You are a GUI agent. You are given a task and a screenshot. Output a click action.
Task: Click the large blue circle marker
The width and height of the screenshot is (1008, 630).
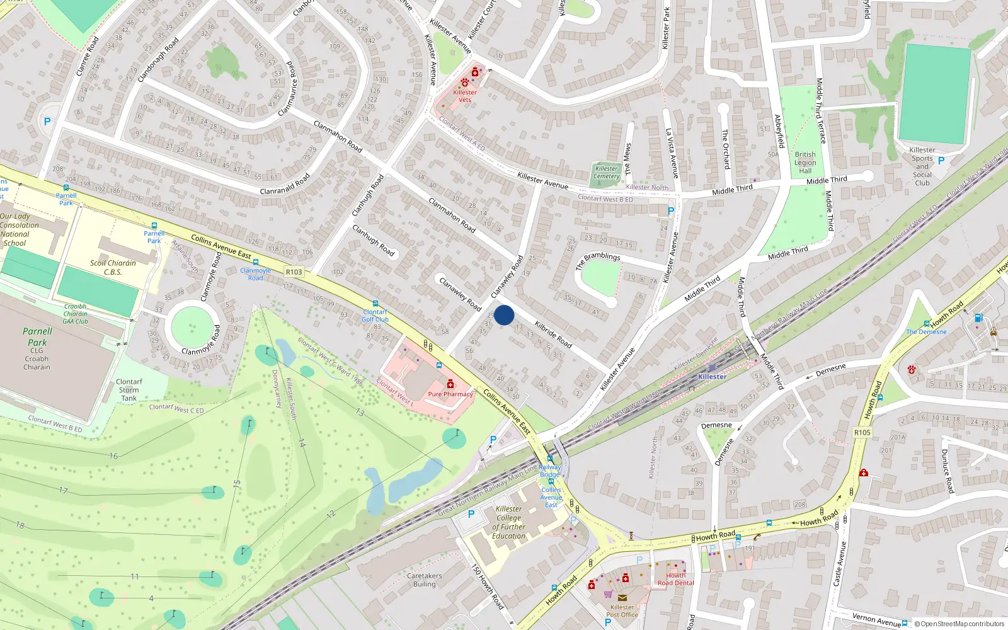click(x=504, y=315)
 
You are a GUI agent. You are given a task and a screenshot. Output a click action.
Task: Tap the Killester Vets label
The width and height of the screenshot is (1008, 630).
click(x=465, y=96)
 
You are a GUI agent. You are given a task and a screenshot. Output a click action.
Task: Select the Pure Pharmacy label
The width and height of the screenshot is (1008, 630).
click(x=450, y=394)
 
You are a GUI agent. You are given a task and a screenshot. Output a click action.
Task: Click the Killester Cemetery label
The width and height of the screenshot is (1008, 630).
click(x=606, y=172)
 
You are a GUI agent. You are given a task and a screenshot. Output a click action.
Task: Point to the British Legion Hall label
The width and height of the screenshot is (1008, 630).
click(x=805, y=163)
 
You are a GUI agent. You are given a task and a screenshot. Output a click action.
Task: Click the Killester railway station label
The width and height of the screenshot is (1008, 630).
click(x=712, y=377)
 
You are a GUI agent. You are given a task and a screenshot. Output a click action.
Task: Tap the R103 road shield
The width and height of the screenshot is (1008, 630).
click(x=294, y=272)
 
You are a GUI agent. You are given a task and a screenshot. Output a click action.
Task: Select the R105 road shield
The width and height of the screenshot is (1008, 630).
click(x=862, y=432)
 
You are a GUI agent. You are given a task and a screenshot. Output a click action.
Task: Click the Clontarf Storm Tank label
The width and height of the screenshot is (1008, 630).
click(x=129, y=390)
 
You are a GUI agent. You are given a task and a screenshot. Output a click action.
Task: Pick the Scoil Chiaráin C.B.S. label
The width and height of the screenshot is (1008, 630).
click(x=113, y=268)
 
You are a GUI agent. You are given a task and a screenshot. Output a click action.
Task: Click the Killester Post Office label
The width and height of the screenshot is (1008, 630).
click(x=622, y=610)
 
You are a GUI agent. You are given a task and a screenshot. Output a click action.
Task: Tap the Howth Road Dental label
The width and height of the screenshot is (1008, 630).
click(x=676, y=579)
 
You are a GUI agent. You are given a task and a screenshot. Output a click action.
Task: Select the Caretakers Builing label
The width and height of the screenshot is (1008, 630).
click(x=425, y=580)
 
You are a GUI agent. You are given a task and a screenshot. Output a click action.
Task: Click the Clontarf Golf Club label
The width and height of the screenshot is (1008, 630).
click(x=375, y=316)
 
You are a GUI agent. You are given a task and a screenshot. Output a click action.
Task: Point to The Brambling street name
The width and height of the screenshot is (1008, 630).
click(x=598, y=260)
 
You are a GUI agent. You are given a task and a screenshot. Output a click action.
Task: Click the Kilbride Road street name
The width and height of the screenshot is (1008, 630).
click(x=553, y=335)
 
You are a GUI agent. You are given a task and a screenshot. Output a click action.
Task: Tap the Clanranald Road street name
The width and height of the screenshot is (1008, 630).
click(x=285, y=184)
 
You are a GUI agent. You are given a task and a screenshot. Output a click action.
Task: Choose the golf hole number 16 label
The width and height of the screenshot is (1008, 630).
click(x=113, y=456)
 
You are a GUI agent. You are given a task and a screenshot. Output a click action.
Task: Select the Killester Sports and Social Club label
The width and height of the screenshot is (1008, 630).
click(x=922, y=166)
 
